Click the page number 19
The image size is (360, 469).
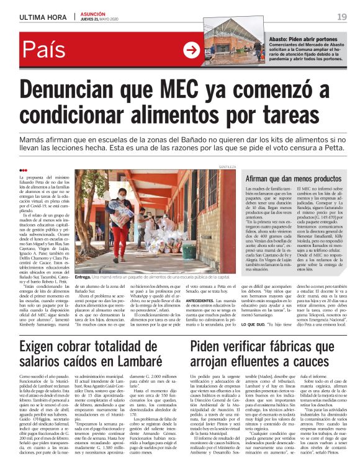342,16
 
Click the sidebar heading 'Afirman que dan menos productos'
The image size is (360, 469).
290,179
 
